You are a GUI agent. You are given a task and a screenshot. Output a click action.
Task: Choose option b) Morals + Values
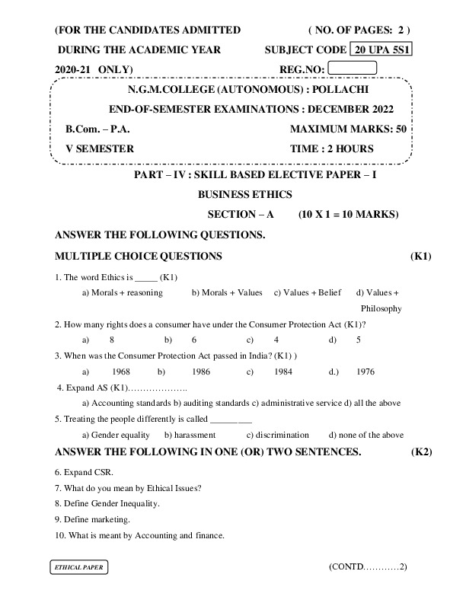pyautogui.click(x=227, y=292)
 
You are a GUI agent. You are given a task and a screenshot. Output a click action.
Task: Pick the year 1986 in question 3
pyautogui.click(x=201, y=372)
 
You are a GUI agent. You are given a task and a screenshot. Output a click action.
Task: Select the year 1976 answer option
pyautogui.click(x=365, y=372)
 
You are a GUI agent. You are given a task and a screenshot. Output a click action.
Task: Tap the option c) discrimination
pyautogui.click(x=278, y=435)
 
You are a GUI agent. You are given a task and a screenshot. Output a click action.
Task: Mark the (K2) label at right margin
pyautogui.click(x=422, y=452)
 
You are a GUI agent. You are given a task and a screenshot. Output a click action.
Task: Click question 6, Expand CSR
pyautogui.click(x=83, y=472)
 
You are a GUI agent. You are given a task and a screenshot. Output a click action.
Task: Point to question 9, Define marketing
pyautogui.click(x=92, y=519)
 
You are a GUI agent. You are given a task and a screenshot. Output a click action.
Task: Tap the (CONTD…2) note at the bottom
pyautogui.click(x=369, y=567)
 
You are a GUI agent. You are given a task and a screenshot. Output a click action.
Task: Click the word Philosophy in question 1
pyautogui.click(x=381, y=308)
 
